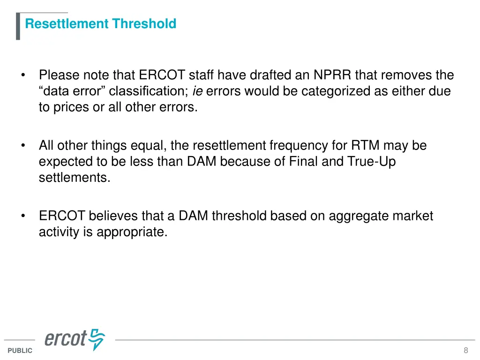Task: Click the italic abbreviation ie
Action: [x=197, y=91]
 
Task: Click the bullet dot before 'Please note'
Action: [x=22, y=75]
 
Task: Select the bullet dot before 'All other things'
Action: [x=22, y=146]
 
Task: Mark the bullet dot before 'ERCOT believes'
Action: [x=22, y=216]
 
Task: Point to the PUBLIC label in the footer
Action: [x=20, y=351]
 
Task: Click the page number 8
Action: [x=465, y=351]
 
